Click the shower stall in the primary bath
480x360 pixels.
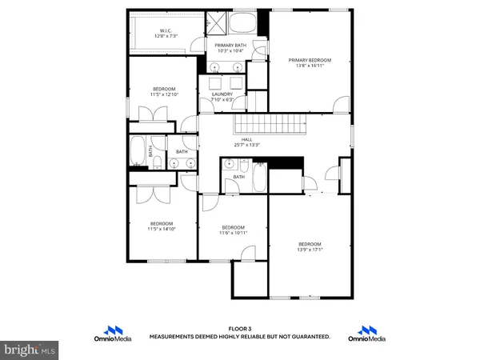tap(216, 22)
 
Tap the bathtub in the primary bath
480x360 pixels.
tap(244, 22)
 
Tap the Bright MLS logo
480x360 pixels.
tap(30, 350)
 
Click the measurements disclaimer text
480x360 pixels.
tap(240, 338)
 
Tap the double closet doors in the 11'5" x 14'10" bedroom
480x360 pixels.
tap(148, 194)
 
